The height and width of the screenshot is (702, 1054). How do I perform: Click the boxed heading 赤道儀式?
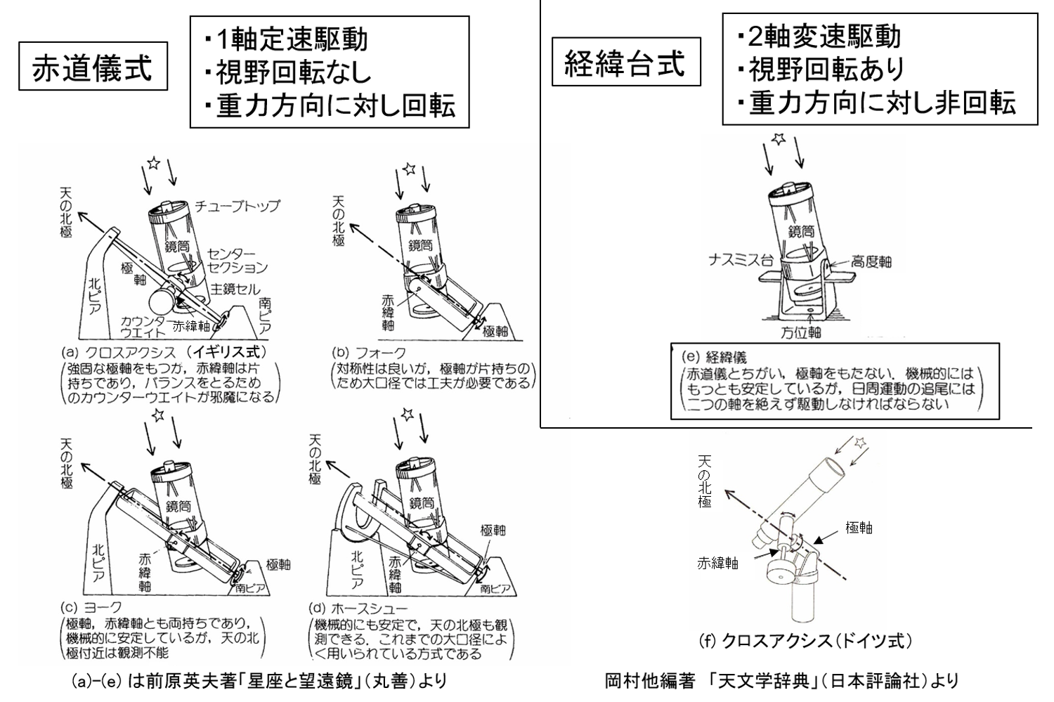click(x=92, y=69)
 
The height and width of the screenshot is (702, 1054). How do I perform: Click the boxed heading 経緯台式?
click(x=625, y=65)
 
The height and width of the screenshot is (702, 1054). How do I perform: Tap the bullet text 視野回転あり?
click(x=821, y=69)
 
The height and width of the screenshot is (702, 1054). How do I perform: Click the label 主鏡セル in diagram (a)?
click(x=235, y=289)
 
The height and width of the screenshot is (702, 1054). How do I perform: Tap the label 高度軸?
click(x=871, y=261)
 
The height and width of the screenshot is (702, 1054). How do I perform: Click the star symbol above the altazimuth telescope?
click(x=778, y=138)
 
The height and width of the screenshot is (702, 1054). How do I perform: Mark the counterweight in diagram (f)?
click(x=778, y=566)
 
